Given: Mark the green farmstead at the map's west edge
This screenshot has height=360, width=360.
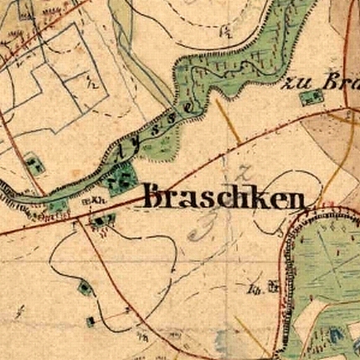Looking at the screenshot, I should click(33, 163).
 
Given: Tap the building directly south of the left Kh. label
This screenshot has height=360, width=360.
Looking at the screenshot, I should click(103, 219).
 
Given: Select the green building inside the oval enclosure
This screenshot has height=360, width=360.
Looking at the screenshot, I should click(85, 288).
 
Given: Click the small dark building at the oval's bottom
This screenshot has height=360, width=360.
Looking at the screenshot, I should click(90, 321).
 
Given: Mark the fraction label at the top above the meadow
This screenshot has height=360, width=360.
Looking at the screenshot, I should click(224, 31).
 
